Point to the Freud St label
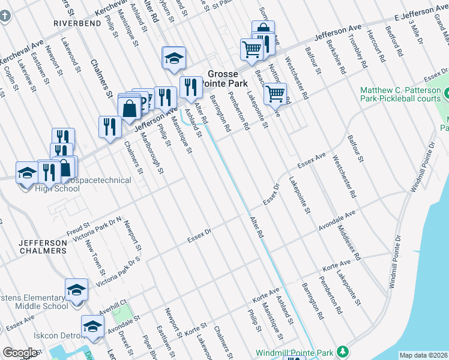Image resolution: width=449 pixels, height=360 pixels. tap(78, 229)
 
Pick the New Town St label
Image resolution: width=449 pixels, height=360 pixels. tap(92, 254)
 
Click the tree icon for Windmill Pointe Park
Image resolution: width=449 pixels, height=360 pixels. tap(342, 351)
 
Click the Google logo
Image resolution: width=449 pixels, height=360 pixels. tap(20, 352)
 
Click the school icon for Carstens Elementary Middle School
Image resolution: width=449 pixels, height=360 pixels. tap(76, 289)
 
